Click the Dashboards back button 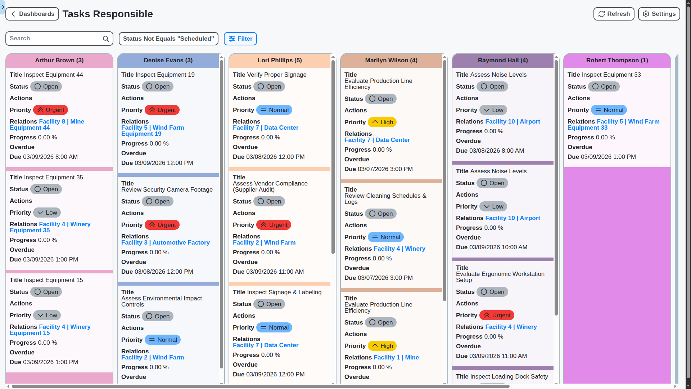click(32, 14)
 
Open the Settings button click(659, 14)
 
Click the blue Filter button click(240, 39)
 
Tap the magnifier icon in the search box click(106, 39)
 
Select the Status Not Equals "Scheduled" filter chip click(168, 39)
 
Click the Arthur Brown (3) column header click(59, 61)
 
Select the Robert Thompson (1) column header click(617, 61)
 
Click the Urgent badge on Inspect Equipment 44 click(50, 110)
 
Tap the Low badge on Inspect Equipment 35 click(47, 213)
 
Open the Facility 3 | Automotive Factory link click(166, 243)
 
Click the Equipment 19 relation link click(141, 134)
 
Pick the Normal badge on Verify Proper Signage click(274, 110)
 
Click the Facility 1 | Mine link click(396, 358)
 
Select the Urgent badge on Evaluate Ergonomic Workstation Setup click(497, 316)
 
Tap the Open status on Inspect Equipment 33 click(604, 87)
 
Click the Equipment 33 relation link click(587, 128)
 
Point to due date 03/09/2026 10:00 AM click(498, 247)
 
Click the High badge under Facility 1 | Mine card click(382, 346)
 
